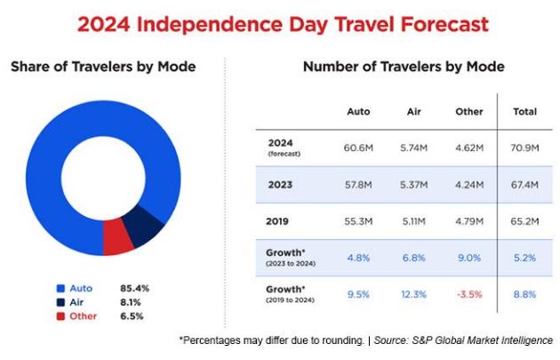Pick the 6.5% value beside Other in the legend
[x=132, y=316]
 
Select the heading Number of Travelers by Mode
[x=404, y=67]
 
